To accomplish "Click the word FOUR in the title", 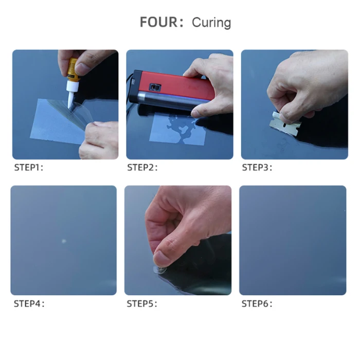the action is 158,22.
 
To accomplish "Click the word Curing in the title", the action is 211,23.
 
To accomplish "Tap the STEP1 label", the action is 28,167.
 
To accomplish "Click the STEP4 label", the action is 28,303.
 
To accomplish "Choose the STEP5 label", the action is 141,303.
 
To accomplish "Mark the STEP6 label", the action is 256,303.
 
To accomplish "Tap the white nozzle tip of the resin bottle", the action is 70,102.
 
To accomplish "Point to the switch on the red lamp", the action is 155,87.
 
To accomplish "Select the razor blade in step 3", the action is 285,123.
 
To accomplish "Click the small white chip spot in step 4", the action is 64,241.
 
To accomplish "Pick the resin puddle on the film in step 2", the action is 182,129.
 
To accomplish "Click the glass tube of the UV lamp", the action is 170,100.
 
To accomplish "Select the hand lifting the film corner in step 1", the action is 99,140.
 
